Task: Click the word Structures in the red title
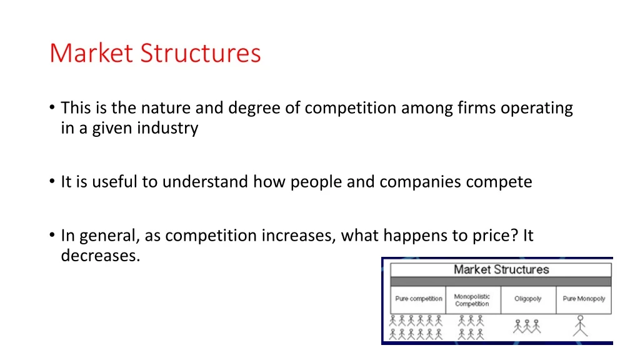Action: (200, 52)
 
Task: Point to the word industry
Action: (167, 129)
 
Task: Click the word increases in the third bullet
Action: (300, 236)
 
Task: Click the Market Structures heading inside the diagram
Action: (501, 269)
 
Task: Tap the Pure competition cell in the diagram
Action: (418, 299)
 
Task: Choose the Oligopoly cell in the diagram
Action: (527, 299)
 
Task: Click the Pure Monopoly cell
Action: (584, 299)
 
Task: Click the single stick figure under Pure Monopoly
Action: (581, 326)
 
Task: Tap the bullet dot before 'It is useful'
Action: (51, 182)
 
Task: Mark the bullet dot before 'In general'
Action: (51, 236)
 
